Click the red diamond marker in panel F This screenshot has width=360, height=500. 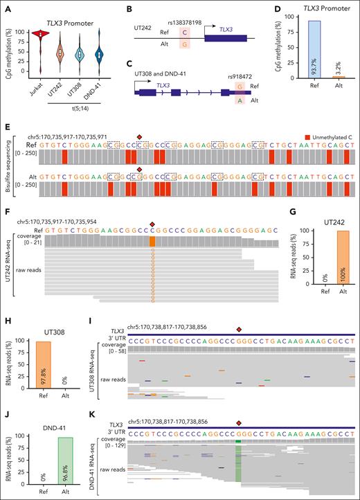[x=153, y=224]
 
